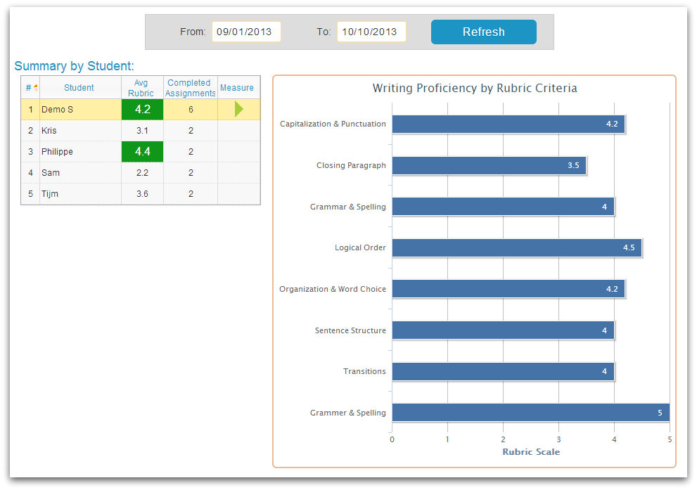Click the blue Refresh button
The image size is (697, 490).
click(483, 32)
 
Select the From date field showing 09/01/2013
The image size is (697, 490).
click(246, 32)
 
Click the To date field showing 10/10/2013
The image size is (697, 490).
click(371, 32)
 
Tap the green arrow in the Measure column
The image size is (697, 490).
click(238, 109)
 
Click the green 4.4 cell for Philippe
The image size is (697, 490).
click(142, 152)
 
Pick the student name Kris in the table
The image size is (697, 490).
click(49, 131)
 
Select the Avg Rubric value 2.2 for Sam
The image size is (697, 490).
click(142, 173)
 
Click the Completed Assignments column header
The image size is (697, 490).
click(191, 88)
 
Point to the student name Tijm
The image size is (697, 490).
click(50, 194)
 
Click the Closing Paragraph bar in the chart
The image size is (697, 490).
click(488, 165)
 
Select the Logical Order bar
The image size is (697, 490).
click(516, 247)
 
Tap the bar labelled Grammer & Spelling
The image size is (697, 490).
click(530, 413)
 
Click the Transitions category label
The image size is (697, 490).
click(364, 371)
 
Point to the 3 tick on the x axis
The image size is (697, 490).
click(558, 440)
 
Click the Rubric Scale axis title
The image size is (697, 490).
click(531, 452)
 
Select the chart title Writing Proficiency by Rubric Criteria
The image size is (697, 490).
click(475, 89)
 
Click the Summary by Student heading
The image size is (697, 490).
click(74, 66)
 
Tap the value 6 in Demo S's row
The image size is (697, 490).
click(191, 110)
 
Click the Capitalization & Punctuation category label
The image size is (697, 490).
click(333, 124)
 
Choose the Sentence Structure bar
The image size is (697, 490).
click(502, 330)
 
